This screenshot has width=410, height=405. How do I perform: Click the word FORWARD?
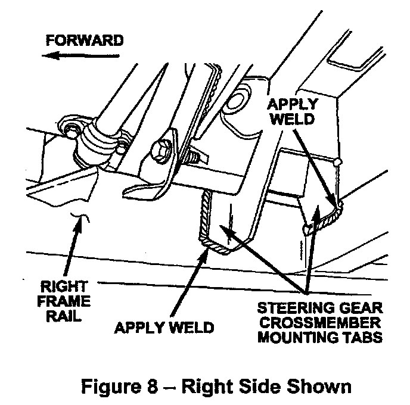pos(85,40)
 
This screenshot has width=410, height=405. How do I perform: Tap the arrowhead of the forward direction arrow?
pos(49,55)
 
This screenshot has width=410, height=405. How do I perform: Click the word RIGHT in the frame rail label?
pos(64,286)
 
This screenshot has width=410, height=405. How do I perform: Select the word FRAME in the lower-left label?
pos(64,301)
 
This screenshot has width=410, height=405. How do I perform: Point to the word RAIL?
pos(64,316)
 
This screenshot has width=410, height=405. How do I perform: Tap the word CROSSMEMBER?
pos(320,323)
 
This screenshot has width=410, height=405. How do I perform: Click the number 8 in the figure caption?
pos(153,386)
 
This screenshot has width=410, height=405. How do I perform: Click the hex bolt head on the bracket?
pos(160,151)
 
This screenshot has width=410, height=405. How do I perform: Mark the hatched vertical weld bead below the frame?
pos(205,214)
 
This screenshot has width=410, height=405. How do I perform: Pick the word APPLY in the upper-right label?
pos(293,104)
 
